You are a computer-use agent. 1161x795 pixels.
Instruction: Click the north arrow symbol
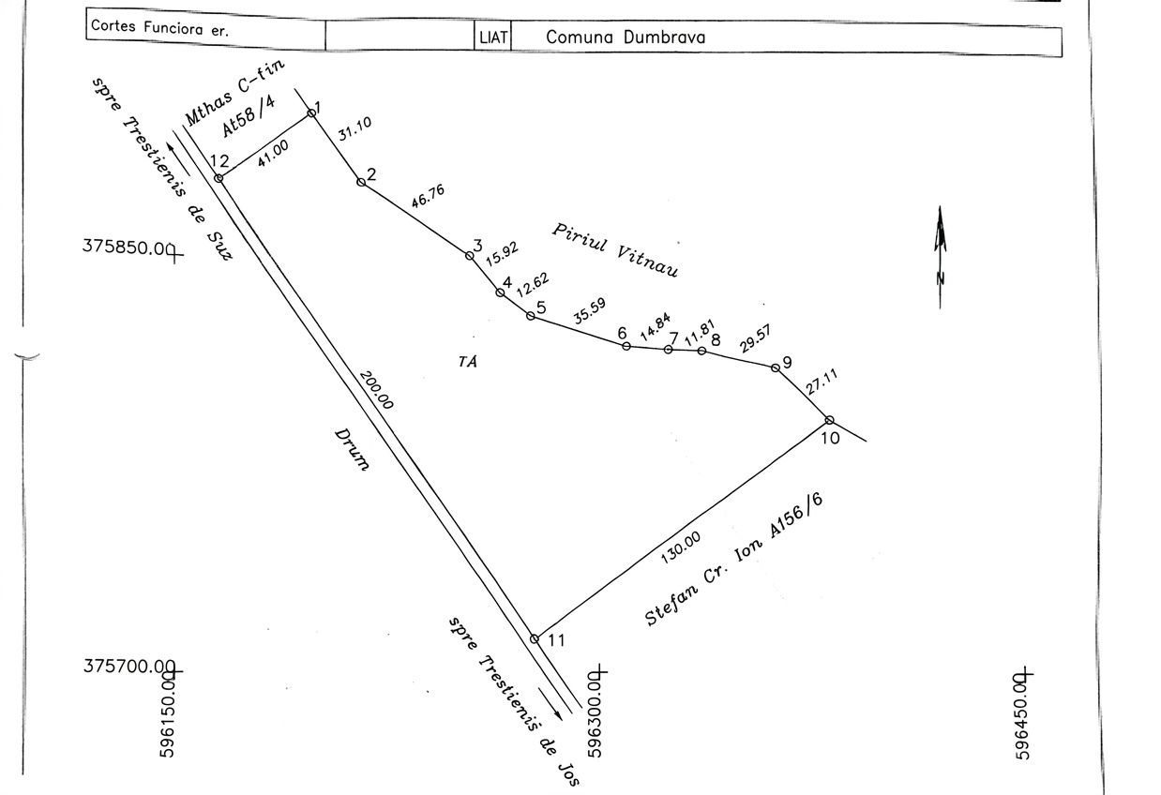click(941, 258)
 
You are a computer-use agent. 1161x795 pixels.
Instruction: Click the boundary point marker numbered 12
click(219, 178)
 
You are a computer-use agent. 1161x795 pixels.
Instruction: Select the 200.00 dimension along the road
click(377, 390)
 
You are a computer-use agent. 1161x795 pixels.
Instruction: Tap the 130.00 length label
click(681, 547)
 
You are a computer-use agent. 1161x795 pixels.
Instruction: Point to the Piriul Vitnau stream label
click(615, 250)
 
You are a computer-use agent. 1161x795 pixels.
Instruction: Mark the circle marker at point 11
click(535, 639)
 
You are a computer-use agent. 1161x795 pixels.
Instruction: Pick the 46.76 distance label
click(429, 197)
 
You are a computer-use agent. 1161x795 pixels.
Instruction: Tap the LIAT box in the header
click(493, 37)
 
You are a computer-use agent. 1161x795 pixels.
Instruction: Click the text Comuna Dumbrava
click(626, 37)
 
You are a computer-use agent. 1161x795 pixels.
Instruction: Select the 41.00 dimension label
click(273, 154)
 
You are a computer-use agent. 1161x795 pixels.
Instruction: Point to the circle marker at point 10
click(829, 420)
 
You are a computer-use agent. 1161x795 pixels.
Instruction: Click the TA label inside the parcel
click(468, 361)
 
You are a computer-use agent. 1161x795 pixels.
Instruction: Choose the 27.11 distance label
click(822, 382)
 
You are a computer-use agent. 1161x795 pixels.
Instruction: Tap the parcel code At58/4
click(249, 117)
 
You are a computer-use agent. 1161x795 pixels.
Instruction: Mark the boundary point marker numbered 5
click(530, 316)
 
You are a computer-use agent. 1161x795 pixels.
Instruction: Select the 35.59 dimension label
click(590, 311)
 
